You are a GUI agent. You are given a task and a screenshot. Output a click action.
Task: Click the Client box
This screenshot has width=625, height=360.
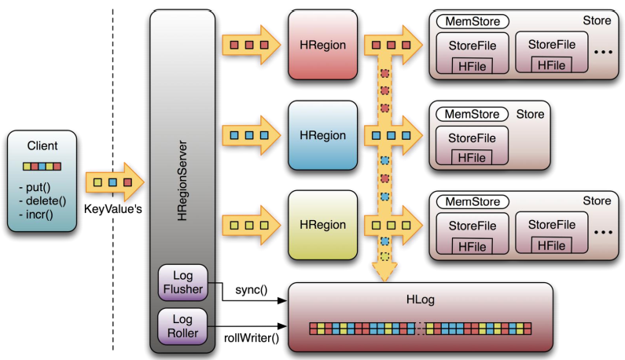[x=42, y=181]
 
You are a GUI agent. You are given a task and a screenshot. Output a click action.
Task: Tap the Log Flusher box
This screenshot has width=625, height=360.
[x=183, y=282]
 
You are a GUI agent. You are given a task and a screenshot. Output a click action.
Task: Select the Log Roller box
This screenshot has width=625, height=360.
[x=182, y=326]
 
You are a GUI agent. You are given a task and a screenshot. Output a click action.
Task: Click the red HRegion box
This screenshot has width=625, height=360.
[x=323, y=45]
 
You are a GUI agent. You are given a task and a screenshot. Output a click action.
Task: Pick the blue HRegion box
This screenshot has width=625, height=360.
[x=323, y=135]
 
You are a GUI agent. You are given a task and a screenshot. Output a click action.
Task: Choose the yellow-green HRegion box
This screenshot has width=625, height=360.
[x=323, y=225]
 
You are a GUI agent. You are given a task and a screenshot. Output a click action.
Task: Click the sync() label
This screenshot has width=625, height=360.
[x=252, y=290]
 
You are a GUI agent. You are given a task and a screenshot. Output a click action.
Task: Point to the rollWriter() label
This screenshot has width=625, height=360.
[x=252, y=338]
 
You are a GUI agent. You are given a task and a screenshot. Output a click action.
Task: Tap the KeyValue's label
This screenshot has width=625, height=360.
[x=112, y=209]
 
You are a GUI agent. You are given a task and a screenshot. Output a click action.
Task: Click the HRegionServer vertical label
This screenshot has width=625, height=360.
[x=182, y=181]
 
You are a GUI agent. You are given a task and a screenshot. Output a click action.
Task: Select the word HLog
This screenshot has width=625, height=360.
[x=421, y=299]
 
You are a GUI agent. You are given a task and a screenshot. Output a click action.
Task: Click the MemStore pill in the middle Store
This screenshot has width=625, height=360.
[x=472, y=115]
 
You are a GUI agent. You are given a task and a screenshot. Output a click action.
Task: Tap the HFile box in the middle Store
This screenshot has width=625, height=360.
[x=472, y=157]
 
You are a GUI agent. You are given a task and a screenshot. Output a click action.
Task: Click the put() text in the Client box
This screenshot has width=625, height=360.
[x=35, y=187]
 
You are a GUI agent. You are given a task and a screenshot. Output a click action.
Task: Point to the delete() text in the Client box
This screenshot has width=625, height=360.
[x=42, y=201]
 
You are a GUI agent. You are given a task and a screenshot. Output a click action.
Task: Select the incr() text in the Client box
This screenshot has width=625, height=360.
[x=36, y=215]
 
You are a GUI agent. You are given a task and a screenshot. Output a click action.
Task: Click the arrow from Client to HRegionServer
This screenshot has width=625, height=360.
[x=115, y=182]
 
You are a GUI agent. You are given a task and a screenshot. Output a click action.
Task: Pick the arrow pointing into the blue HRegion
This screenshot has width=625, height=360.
[x=252, y=135]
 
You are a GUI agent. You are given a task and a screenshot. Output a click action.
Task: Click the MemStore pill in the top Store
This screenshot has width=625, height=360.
[x=472, y=21]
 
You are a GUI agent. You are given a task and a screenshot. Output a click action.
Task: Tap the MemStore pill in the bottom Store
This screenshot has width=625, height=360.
[x=472, y=202]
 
